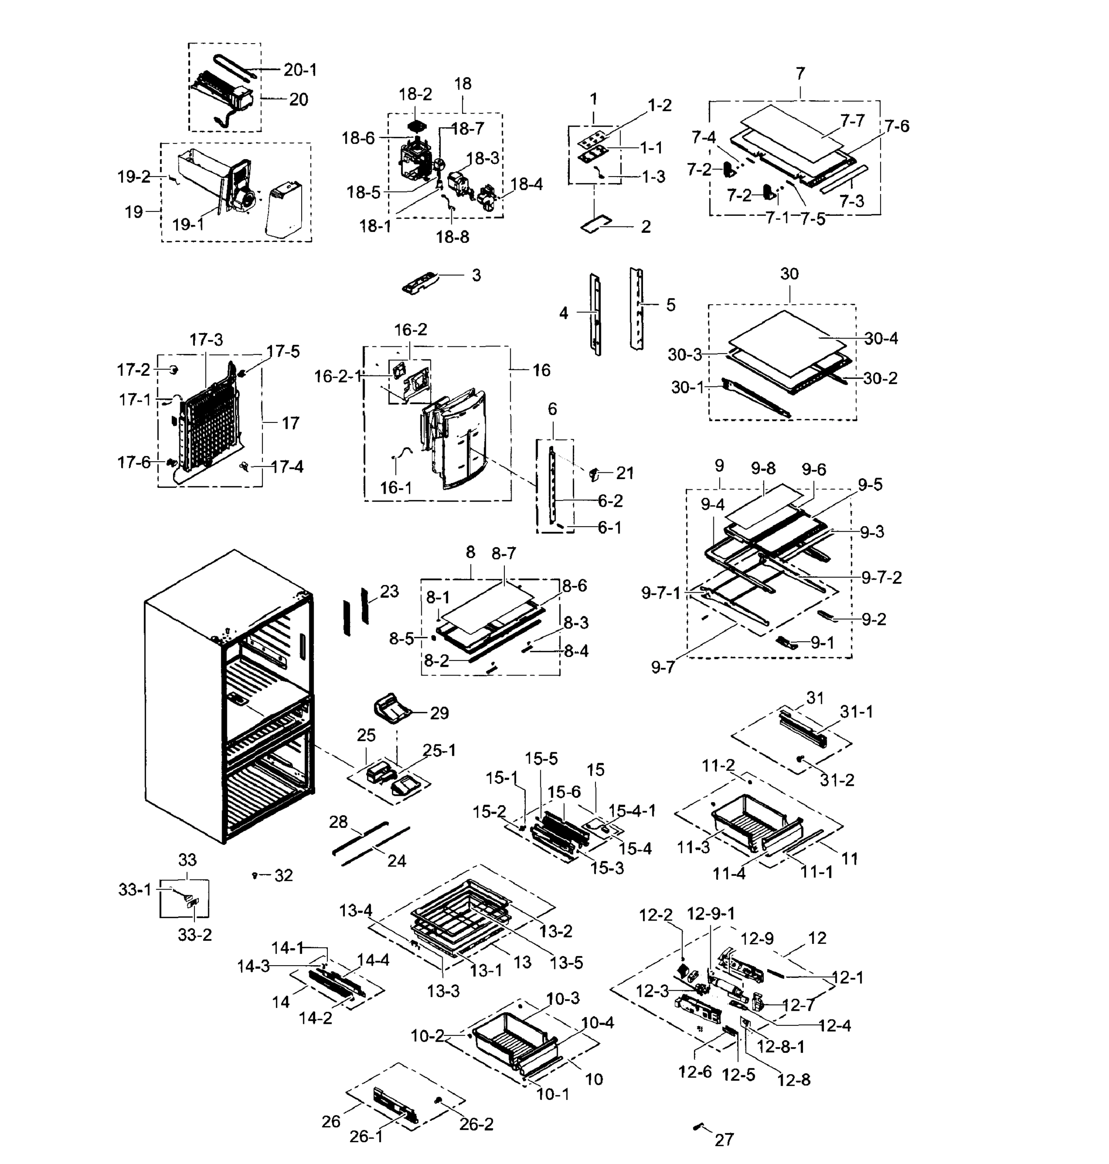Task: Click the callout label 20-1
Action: coord(300,70)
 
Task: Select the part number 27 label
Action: coord(723,1139)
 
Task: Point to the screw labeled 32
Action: coord(255,875)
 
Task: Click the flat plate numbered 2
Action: coord(595,226)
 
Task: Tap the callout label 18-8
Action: coord(452,237)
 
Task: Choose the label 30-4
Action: coord(881,339)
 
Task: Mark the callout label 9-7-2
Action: coord(881,577)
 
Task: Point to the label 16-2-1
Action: coord(338,376)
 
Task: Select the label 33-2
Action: coord(194,935)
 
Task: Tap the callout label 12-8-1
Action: coord(780,1046)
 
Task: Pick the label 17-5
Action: coord(283,352)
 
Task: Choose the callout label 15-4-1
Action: coord(632,810)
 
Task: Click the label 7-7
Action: coord(852,121)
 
